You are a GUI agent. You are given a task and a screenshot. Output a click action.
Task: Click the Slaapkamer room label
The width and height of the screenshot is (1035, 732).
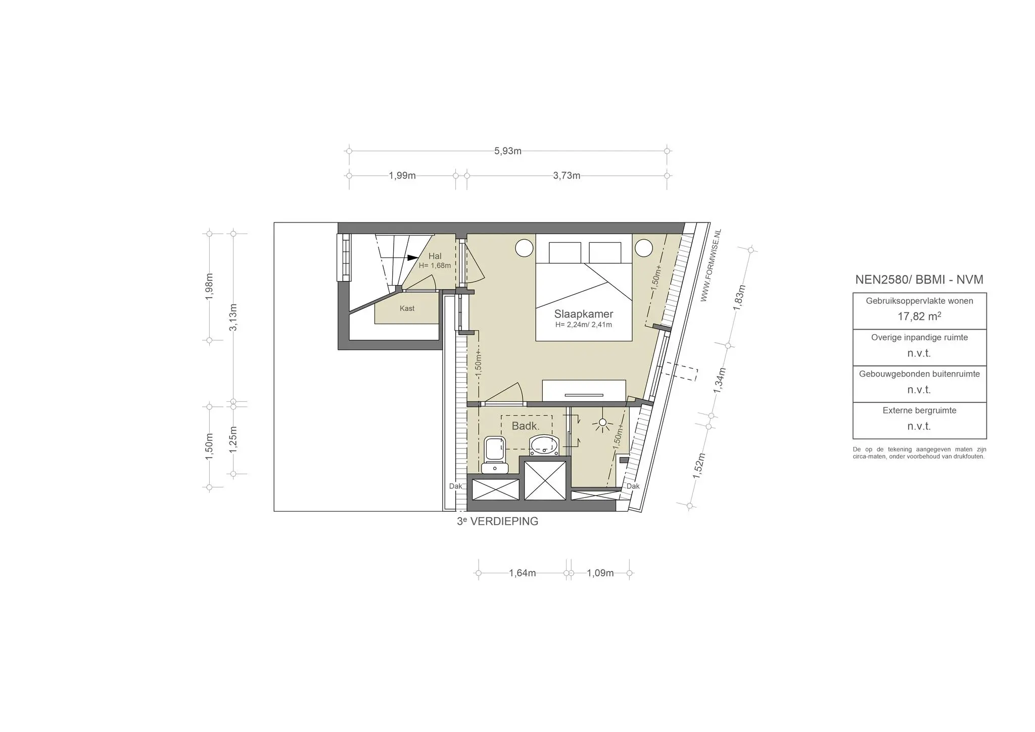coord(583,314)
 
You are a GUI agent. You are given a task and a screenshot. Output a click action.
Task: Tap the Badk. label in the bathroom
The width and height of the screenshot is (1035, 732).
coord(526,426)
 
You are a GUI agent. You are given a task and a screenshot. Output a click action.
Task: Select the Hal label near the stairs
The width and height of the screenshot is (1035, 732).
coord(435,256)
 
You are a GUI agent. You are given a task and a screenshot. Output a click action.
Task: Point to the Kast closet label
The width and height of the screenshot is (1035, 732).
coord(407,308)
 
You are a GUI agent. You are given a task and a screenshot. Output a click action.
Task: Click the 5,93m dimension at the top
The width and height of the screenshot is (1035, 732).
coord(507,151)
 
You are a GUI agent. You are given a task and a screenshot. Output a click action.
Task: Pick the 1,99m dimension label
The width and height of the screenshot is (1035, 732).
coord(402,176)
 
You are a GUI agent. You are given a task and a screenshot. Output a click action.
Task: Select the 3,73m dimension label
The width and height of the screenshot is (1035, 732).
coord(567,176)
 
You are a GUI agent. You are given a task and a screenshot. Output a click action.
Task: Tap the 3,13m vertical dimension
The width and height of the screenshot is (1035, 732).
coord(233,317)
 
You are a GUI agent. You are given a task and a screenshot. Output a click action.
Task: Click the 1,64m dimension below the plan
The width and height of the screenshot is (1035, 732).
coord(522,573)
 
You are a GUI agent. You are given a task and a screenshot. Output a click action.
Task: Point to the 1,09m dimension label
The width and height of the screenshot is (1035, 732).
coord(600,573)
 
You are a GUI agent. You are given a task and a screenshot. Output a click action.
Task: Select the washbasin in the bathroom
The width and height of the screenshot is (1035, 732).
coord(544,446)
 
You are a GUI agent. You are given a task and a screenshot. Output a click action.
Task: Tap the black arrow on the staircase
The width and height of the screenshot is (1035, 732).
coord(413,257)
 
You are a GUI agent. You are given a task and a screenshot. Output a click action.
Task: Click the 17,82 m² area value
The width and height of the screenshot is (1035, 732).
coord(919,317)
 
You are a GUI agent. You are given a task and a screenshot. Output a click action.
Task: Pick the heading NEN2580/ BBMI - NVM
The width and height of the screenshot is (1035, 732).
coord(919,280)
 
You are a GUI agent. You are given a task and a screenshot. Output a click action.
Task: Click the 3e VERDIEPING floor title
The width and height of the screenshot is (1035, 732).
coord(497,522)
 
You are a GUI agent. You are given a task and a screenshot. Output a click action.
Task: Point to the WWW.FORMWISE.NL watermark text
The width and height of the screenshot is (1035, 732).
coord(711,266)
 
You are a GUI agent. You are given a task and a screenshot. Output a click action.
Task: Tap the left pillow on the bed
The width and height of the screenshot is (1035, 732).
coord(565,252)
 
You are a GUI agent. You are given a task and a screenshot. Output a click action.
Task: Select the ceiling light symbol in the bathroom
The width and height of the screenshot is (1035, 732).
coord(602,424)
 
